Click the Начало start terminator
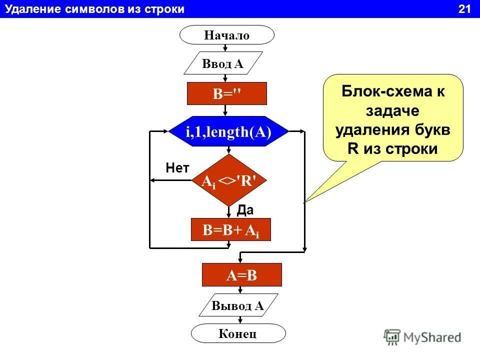(x=226, y=35)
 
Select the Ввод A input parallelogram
(x=223, y=63)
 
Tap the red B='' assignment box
(x=226, y=94)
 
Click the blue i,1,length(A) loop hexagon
(x=228, y=132)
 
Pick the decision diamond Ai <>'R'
(x=228, y=180)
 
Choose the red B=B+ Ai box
(x=230, y=229)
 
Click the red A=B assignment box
(x=241, y=275)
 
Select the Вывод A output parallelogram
(x=238, y=305)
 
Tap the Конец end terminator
(x=238, y=333)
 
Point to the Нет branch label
(x=177, y=168)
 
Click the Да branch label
(x=245, y=210)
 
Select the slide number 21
(x=464, y=9)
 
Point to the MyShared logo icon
(x=393, y=336)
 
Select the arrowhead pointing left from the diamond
(x=154, y=180)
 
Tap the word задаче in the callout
(x=393, y=110)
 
